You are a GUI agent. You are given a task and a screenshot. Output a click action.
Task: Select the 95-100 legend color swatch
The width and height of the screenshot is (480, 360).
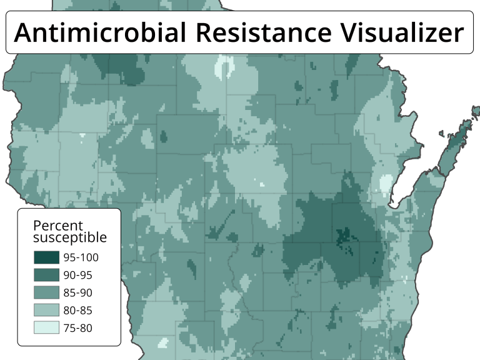click(x=46, y=257)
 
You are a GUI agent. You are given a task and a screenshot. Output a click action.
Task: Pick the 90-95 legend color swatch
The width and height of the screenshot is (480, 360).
click(x=46, y=274)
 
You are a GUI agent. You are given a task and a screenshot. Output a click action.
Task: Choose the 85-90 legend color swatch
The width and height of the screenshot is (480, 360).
click(x=46, y=292)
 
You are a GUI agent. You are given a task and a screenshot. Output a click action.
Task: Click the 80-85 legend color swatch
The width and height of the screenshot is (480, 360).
click(x=46, y=309)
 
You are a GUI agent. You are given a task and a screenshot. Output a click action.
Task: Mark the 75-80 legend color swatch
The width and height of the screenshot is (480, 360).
click(x=46, y=327)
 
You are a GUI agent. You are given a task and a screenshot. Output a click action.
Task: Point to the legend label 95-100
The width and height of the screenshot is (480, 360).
click(x=81, y=257)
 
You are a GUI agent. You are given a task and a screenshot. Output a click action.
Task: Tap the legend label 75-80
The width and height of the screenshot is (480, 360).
click(x=78, y=327)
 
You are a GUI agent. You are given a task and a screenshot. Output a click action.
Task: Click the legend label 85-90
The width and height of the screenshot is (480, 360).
click(x=78, y=292)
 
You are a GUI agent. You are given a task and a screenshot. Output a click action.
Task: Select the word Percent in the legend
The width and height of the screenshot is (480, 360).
click(x=57, y=226)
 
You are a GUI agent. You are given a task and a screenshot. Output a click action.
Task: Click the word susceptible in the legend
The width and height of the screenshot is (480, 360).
click(x=69, y=237)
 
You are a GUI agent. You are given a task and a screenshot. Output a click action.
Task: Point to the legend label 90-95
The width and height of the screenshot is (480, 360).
click(x=78, y=274)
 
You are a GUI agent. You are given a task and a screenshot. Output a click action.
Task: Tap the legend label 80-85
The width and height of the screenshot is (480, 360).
click(x=78, y=309)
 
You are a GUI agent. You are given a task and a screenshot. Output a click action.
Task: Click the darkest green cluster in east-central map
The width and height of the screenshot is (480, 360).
click(x=343, y=237)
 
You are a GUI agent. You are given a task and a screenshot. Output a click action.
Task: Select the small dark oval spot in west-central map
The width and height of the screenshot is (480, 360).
click(x=164, y=136)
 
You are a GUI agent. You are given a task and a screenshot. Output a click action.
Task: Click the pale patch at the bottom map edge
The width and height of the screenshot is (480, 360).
click(x=163, y=342)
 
